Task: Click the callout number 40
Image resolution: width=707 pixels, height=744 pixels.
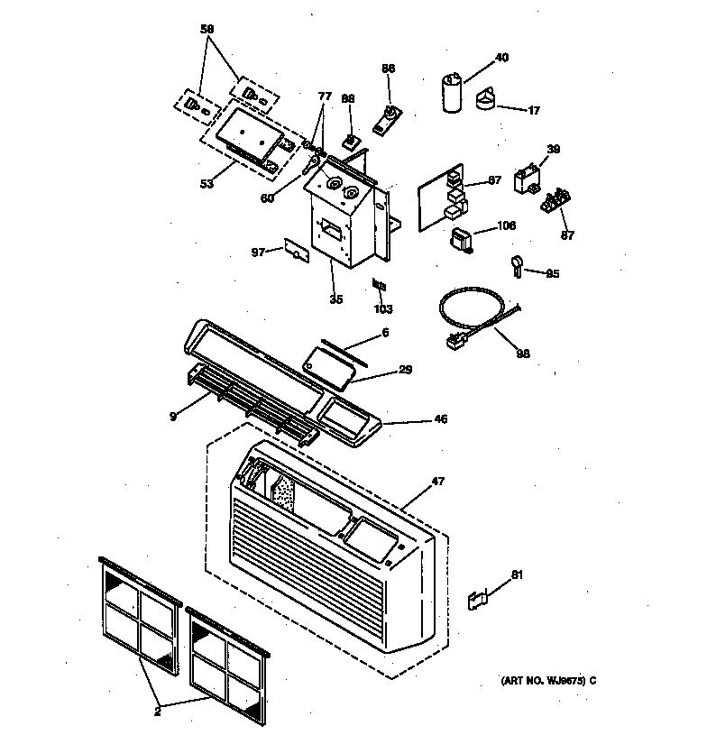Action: click(x=501, y=58)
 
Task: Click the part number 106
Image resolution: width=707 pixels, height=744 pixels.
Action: click(x=506, y=226)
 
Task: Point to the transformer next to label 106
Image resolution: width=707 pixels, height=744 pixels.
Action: click(x=463, y=239)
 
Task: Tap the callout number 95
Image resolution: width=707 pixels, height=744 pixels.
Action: click(x=553, y=273)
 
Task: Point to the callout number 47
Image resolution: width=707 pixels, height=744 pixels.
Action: click(x=437, y=483)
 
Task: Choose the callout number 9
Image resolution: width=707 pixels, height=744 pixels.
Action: click(x=171, y=416)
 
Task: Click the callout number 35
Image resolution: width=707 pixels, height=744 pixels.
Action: click(x=335, y=299)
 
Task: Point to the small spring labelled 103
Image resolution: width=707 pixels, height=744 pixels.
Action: click(x=380, y=285)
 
